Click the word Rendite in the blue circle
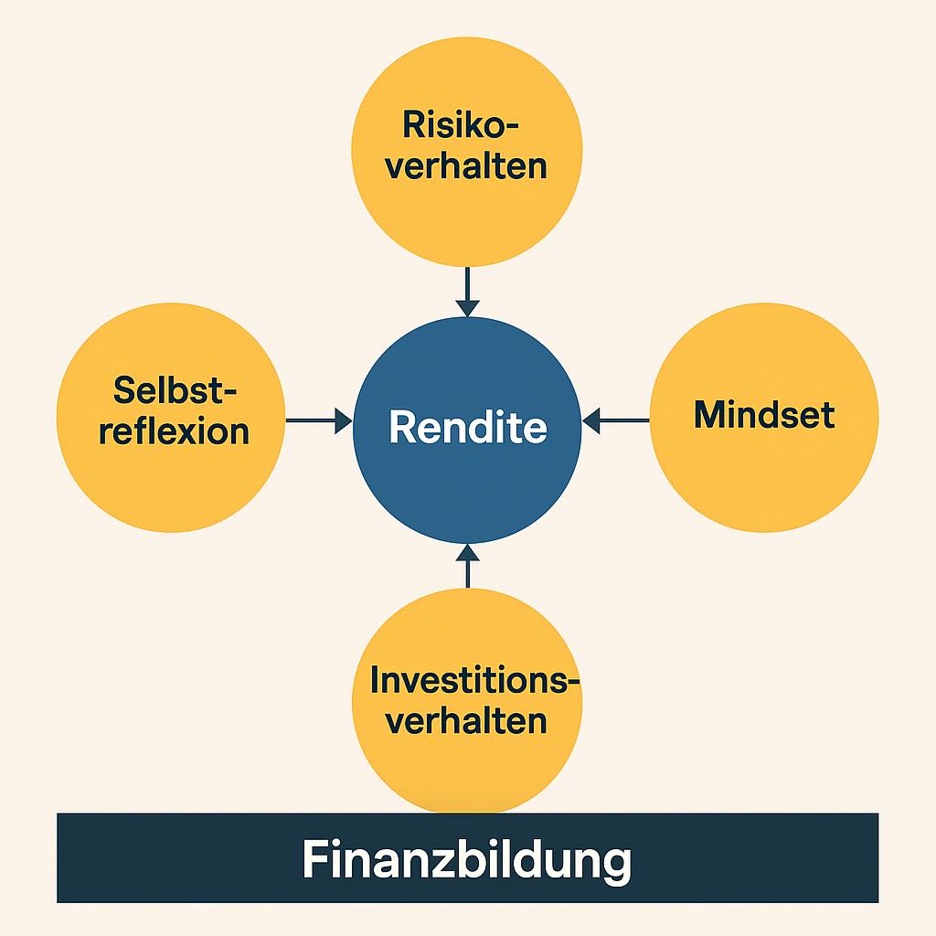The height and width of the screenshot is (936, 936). [467, 427]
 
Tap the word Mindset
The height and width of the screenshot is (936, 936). [764, 415]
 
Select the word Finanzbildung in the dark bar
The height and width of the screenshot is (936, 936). [467, 860]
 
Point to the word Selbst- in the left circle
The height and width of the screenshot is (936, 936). [175, 390]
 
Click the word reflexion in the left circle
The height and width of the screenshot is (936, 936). [175, 431]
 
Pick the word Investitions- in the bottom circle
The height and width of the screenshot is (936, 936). [475, 680]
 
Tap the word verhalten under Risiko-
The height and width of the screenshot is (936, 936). [466, 166]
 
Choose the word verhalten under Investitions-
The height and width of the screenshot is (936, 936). [466, 721]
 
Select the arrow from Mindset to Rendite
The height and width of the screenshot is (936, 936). [615, 420]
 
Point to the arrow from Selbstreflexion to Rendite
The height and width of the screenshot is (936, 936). [319, 420]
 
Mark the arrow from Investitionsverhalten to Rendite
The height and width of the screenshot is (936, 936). [467, 565]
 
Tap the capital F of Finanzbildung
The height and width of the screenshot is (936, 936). [314, 860]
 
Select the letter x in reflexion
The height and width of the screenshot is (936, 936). [199, 431]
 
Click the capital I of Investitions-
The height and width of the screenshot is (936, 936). [375, 680]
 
